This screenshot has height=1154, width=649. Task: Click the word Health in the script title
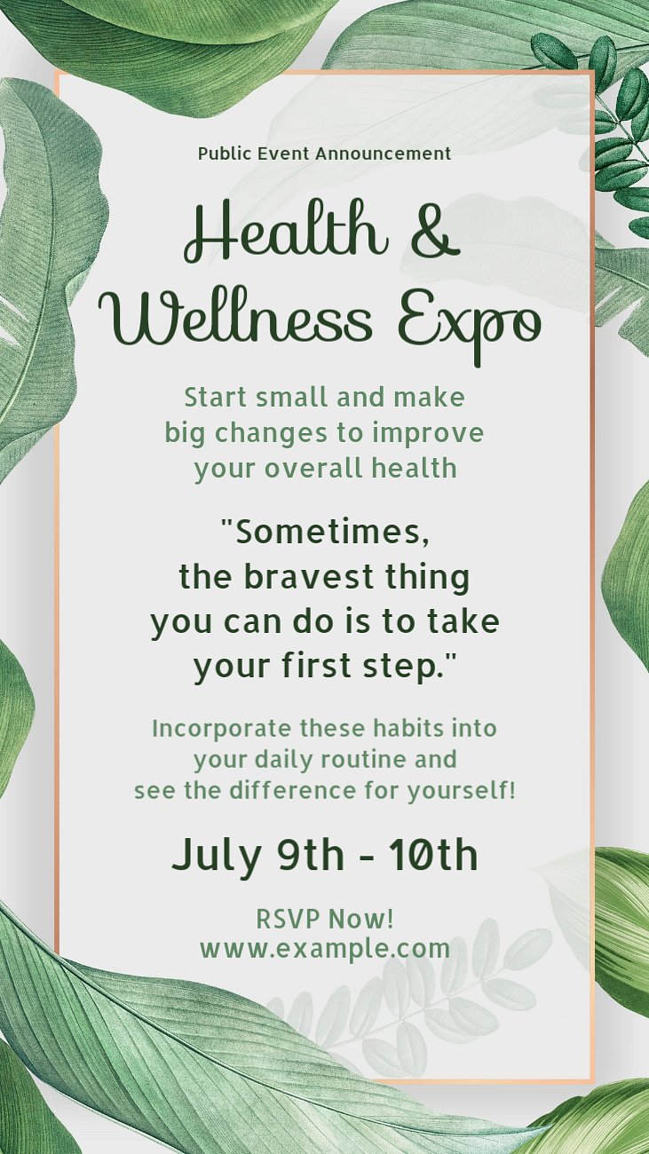[287, 231]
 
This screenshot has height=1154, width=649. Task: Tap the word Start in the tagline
[215, 398]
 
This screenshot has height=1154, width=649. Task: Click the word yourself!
[462, 791]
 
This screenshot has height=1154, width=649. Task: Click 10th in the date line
[433, 855]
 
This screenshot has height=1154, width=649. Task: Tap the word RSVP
[289, 919]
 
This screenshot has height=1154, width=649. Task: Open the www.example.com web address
[325, 949]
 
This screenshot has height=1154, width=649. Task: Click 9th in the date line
[311, 855]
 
